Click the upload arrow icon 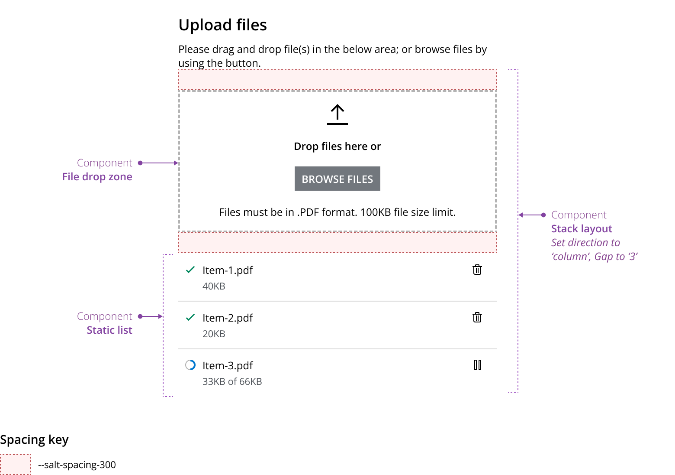337,115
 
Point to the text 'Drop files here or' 337,146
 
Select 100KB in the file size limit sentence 375,212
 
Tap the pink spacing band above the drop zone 337,80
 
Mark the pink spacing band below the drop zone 337,242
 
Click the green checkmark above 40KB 190,270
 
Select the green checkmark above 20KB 190,317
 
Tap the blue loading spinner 192,365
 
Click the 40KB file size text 214,286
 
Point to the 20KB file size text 214,334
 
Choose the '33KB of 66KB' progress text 232,382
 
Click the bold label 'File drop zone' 97,177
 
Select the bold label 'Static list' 109,330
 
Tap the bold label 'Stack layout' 582,229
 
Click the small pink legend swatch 15,465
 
